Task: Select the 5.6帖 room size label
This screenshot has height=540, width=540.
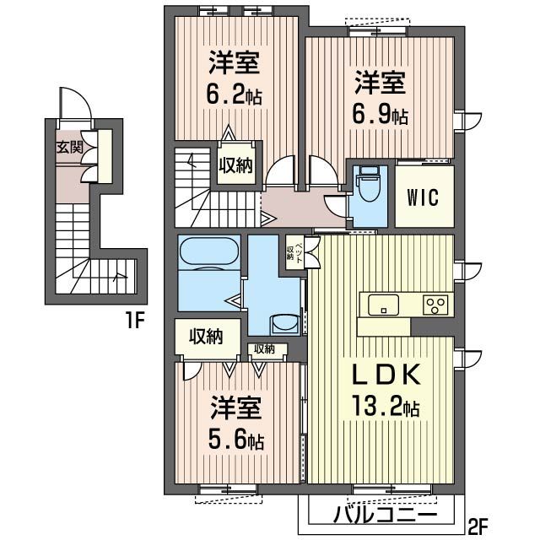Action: point(237,440)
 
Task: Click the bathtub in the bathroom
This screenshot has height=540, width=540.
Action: point(208,254)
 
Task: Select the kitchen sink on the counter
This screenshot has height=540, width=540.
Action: point(383,305)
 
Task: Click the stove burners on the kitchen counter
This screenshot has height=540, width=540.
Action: point(435,305)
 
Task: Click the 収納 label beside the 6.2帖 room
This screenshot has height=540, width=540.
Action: point(236,165)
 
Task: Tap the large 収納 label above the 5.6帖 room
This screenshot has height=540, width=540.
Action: point(205,337)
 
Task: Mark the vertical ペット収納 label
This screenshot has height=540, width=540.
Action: point(294,251)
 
